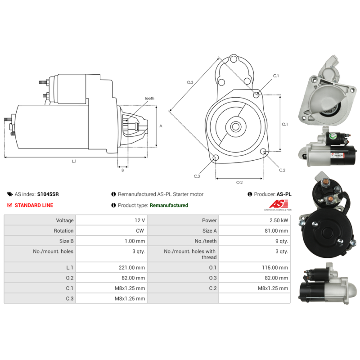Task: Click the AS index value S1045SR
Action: (x=48, y=194)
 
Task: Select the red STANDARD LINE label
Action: (x=34, y=205)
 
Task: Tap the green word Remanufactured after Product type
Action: (x=169, y=205)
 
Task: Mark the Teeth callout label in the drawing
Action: (x=149, y=98)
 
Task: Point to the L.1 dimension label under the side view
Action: (x=74, y=161)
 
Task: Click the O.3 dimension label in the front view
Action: (x=190, y=82)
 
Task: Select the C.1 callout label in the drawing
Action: (x=276, y=76)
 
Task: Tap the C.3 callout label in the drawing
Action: (x=197, y=176)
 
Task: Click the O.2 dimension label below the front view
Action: (x=239, y=182)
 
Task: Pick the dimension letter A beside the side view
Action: (x=161, y=126)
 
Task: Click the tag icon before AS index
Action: (x=10, y=194)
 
